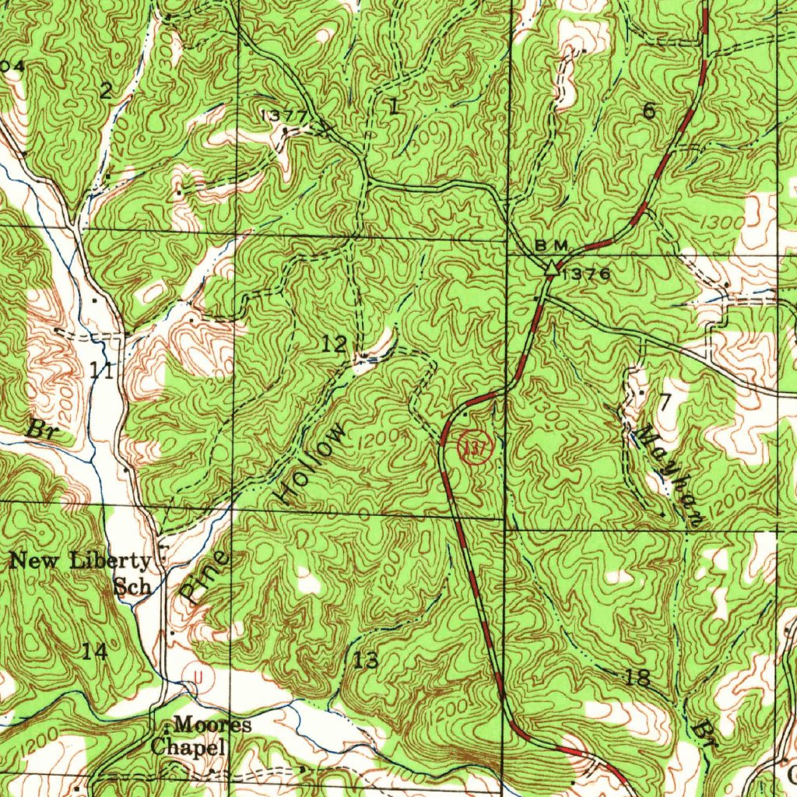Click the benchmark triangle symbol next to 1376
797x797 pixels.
(x=551, y=269)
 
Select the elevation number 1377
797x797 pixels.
(x=285, y=115)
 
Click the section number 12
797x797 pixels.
(x=335, y=343)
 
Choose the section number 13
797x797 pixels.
(x=366, y=662)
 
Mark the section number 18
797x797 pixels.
(x=637, y=677)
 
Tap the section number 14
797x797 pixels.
(x=95, y=651)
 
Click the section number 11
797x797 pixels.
(x=102, y=370)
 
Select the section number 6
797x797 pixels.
(x=648, y=111)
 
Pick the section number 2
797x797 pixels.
(x=105, y=91)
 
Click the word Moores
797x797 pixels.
(x=212, y=725)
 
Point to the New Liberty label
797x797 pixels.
(x=80, y=560)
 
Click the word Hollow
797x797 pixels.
(x=314, y=465)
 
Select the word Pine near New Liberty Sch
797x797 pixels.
(x=205, y=576)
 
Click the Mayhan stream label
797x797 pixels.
(x=665, y=476)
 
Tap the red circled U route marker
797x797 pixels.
(x=199, y=678)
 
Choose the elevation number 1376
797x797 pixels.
(x=585, y=274)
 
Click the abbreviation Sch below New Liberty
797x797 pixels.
(x=132, y=586)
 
